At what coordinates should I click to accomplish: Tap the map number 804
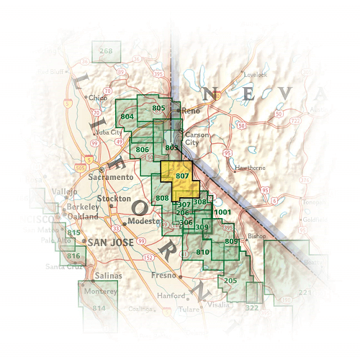[127, 116]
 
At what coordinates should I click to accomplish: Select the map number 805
[159, 108]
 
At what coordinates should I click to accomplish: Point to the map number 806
[142, 150]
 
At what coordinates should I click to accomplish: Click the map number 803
[171, 148]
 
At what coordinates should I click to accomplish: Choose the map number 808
[162, 198]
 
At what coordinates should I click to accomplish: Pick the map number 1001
[222, 212]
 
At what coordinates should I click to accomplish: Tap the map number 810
[202, 252]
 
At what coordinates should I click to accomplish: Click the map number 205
[230, 280]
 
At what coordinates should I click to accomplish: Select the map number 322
[252, 307]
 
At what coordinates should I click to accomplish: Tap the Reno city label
[190, 111]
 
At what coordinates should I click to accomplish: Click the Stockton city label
[115, 198]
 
